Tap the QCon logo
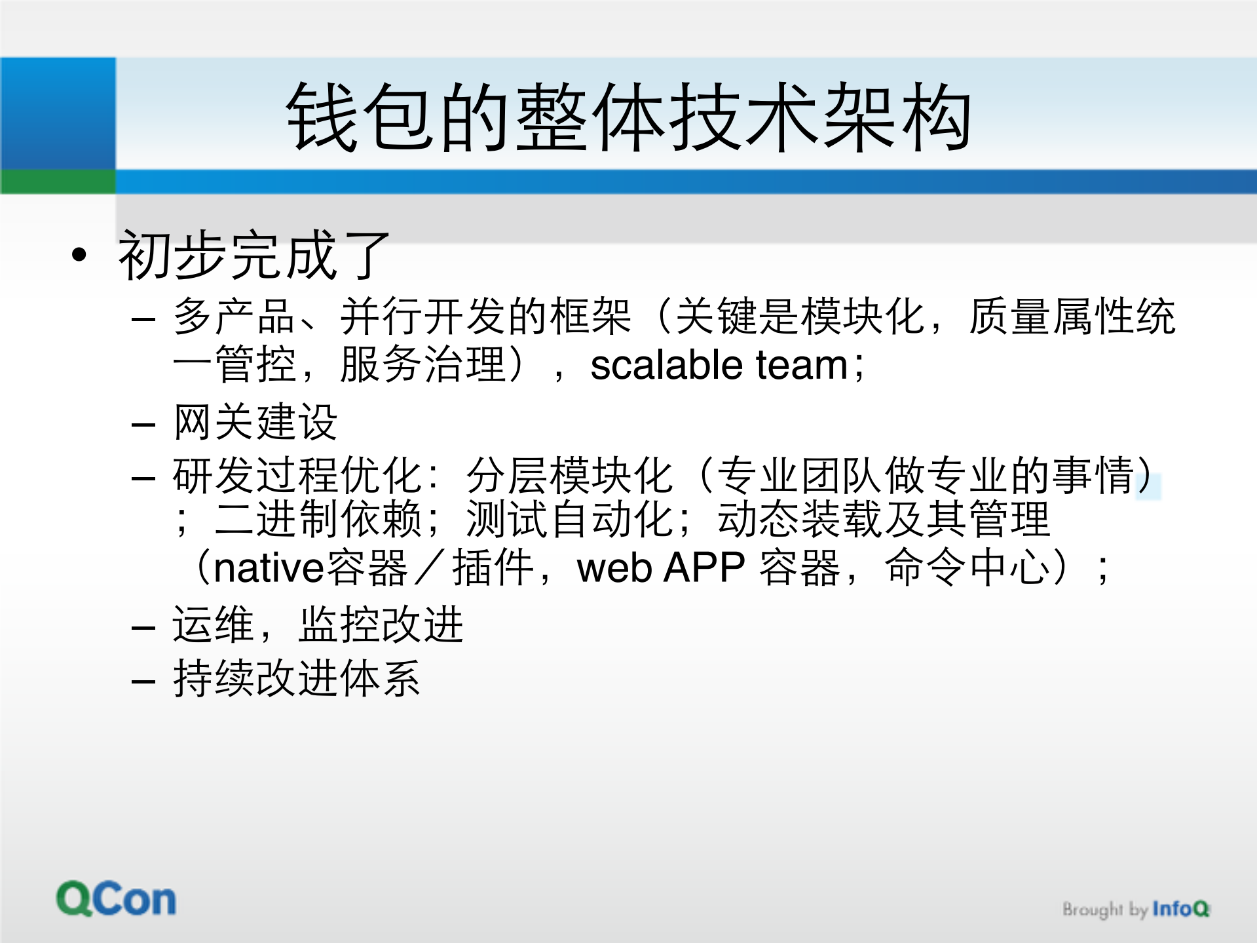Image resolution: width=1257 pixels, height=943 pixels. tap(116, 899)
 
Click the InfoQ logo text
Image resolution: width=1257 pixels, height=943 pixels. tap(1180, 909)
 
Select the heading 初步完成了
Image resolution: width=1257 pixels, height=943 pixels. tap(254, 256)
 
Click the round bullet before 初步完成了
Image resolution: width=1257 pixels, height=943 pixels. tap(79, 255)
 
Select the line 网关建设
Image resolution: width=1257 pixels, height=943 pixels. tap(255, 422)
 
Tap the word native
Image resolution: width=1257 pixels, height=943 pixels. tap(269, 568)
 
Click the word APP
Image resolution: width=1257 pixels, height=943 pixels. tap(704, 568)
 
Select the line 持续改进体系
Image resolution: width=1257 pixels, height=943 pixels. tap(296, 678)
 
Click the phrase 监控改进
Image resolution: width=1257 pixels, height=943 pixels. tap(381, 625)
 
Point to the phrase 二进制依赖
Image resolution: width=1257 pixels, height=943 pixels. tap(318, 520)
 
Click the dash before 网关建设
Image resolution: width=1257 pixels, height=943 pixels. tap(143, 425)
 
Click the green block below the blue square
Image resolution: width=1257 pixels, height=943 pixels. tap(58, 182)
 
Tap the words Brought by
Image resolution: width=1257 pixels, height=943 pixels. tap(1104, 910)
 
